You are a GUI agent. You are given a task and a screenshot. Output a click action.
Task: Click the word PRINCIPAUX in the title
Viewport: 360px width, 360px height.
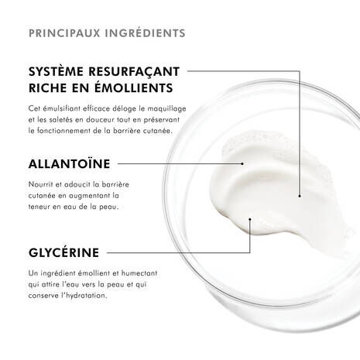click(60, 33)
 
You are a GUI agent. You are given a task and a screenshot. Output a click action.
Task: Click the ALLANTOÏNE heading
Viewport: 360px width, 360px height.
click(69, 163)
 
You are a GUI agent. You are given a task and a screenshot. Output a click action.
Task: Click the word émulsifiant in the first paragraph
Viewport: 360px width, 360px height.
click(70, 110)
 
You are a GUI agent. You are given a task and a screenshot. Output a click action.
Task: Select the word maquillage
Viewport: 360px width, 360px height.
click(163, 110)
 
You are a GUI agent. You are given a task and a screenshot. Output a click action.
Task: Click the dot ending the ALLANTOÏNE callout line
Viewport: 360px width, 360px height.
click(242, 163)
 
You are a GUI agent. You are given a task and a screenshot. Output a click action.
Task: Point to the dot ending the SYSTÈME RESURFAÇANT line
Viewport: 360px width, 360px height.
click(300, 195)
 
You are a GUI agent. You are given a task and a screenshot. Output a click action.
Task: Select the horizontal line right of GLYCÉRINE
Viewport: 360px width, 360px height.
click(178, 252)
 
